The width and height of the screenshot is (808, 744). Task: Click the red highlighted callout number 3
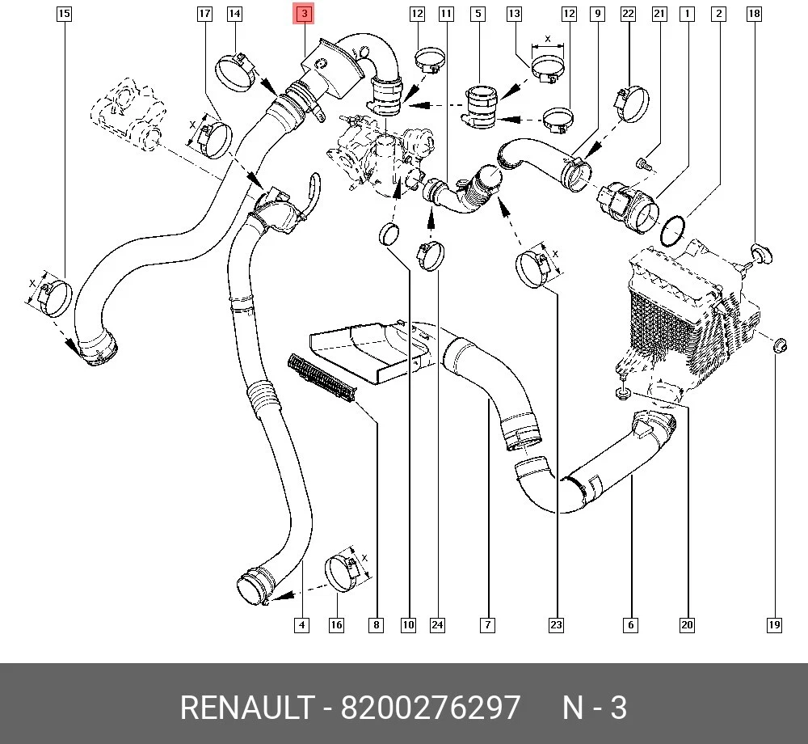304,14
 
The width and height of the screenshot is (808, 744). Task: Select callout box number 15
64,14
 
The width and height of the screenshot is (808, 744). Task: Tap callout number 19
774,625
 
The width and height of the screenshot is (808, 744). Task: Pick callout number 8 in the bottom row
376,625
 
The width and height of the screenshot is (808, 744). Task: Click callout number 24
437,625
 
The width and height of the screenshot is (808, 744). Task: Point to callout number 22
628,14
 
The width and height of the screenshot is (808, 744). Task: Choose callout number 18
754,14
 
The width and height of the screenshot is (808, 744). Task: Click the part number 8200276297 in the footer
430,708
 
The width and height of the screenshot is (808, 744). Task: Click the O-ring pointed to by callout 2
674,230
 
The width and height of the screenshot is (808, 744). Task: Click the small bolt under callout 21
643,164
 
